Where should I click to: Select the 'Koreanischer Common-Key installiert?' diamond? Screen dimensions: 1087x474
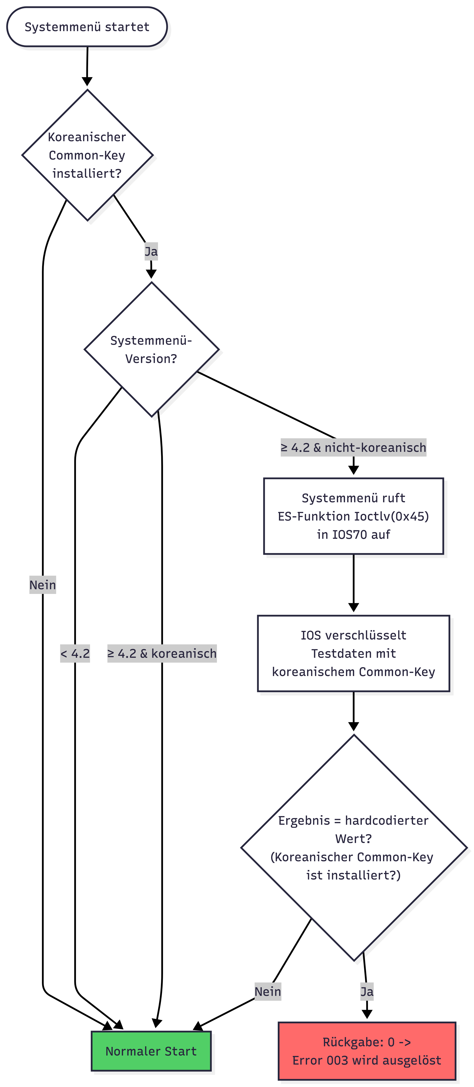coord(87,155)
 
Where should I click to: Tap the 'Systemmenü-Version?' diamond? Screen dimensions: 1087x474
coord(151,349)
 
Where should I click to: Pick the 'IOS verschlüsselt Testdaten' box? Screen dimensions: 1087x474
coord(353,653)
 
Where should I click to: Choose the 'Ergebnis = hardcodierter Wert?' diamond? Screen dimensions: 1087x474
coord(353,847)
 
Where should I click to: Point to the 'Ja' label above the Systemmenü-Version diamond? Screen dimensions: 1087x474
coord(151,251)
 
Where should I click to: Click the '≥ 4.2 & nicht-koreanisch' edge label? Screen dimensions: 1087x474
coord(353,447)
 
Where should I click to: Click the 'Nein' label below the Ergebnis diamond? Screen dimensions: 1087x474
coord(268,991)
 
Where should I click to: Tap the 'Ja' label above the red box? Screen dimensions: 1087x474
coord(366,991)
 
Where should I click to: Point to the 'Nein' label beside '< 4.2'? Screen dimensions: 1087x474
coord(43,585)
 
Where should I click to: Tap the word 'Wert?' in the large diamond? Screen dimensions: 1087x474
coord(353,838)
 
